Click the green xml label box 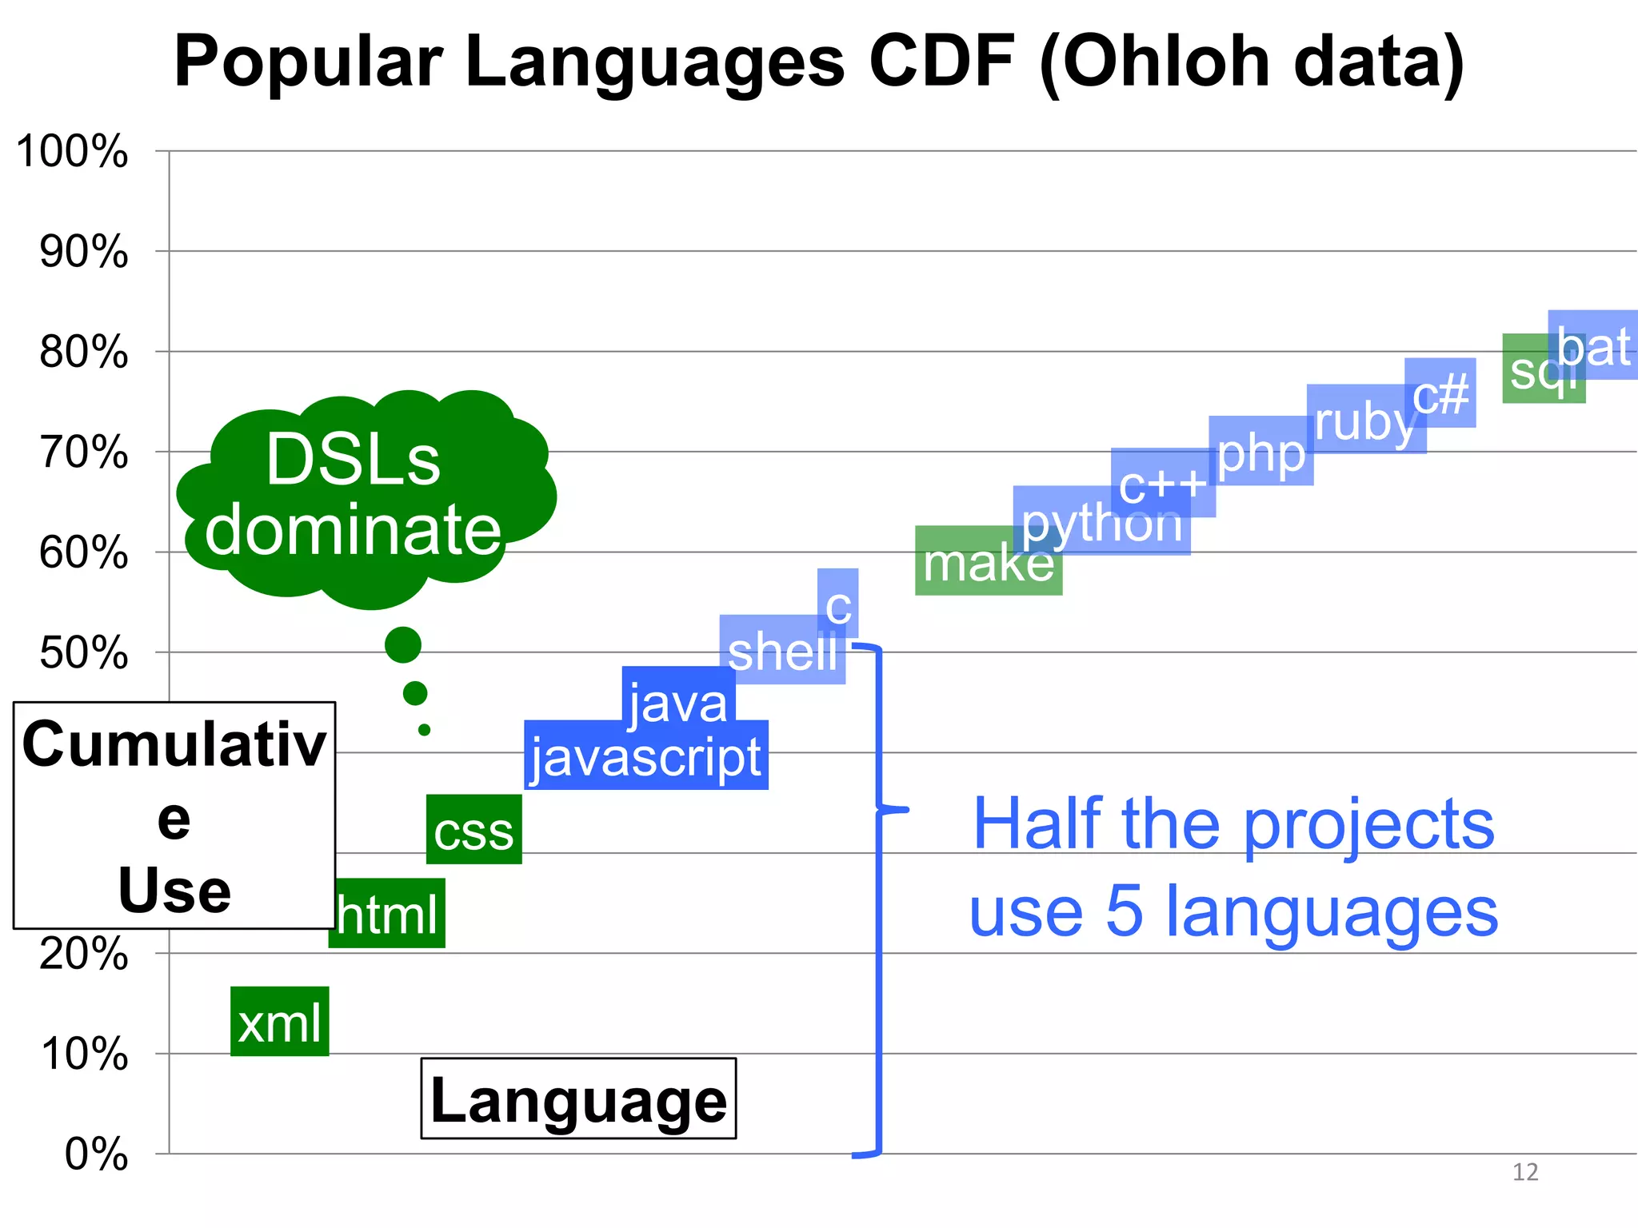tap(279, 1022)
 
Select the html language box tap(387, 914)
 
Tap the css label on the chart tap(473, 830)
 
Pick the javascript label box tap(645, 756)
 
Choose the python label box tap(1101, 521)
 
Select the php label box tap(1260, 452)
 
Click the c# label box tap(1440, 393)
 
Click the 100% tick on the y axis tap(72, 151)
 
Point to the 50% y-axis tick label tap(83, 652)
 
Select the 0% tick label tap(96, 1154)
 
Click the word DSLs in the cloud tap(353, 459)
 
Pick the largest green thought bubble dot tap(402, 644)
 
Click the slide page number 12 tap(1524, 1172)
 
